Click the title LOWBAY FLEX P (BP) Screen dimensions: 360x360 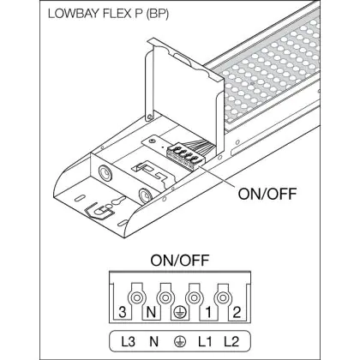pos(108,15)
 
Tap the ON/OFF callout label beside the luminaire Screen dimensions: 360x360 pos(267,194)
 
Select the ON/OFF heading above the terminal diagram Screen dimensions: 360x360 pos(180,261)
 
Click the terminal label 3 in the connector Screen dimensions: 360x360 pos(123,312)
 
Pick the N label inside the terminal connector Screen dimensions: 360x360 pos(151,312)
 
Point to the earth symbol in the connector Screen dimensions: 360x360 pos(179,312)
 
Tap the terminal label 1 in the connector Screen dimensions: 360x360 pos(208,312)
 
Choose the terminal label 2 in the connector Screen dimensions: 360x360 pos(237,312)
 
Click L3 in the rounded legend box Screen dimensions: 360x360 pos(128,342)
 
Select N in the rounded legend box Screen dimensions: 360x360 pos(153,342)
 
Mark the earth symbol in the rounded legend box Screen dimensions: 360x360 pos(179,342)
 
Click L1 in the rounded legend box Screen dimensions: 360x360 pos(205,342)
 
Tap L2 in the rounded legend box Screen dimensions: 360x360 pos(231,342)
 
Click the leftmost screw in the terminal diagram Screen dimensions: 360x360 pos(136,298)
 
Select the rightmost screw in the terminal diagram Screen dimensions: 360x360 pos(223,298)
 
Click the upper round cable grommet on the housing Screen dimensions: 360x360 pos(105,172)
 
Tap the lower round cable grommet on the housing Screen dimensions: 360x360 pos(146,195)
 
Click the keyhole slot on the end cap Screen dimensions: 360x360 pos(118,201)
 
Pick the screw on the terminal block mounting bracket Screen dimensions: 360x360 pos(152,141)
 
